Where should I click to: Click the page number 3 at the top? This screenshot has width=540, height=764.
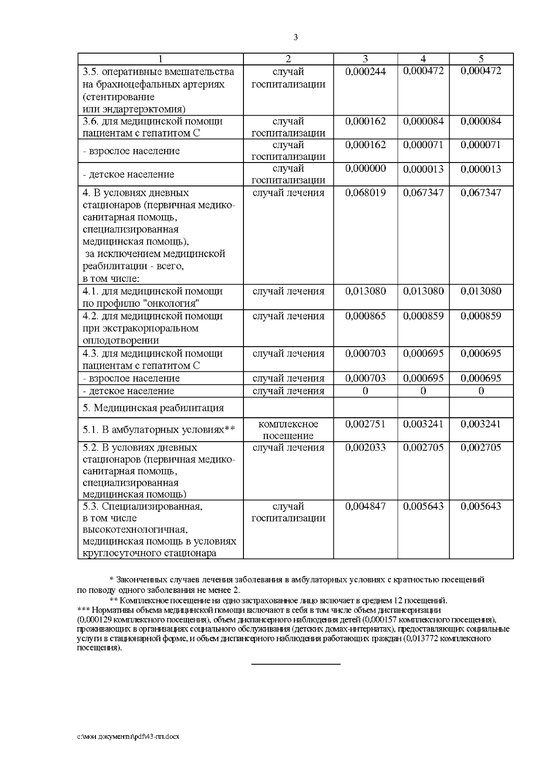(295, 38)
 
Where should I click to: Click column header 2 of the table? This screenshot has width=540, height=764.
(288, 59)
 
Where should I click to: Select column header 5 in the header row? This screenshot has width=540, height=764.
(481, 59)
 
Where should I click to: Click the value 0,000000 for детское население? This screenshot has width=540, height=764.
(365, 168)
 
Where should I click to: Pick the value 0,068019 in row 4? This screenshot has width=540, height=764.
(365, 193)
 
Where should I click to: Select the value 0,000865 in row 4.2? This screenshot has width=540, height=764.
(365, 316)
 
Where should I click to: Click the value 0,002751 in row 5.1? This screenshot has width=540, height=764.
(365, 424)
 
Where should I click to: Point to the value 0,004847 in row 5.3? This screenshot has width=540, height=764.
(365, 506)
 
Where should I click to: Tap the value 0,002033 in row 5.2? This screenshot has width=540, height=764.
(365, 448)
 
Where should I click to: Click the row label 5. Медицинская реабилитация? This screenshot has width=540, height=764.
(153, 408)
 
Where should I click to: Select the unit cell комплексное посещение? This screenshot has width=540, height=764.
(288, 430)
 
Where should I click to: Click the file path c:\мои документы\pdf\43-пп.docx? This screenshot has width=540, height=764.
(128, 737)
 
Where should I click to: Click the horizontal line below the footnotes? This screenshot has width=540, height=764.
(295, 664)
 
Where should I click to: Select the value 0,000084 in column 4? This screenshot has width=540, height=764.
(423, 122)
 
